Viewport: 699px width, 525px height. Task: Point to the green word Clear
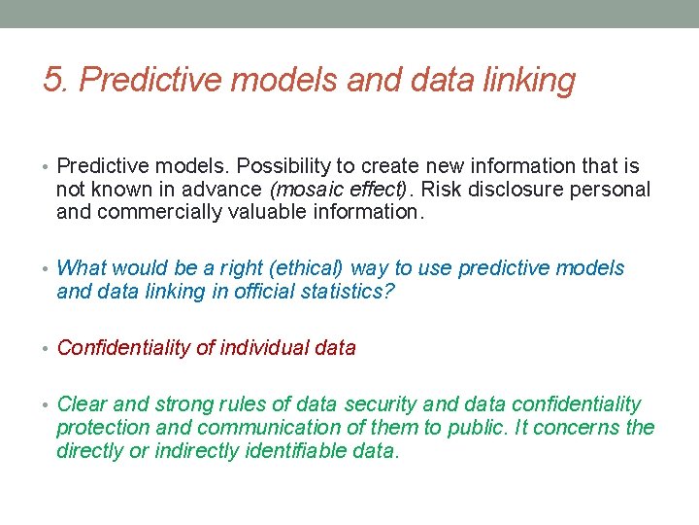pos(82,404)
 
